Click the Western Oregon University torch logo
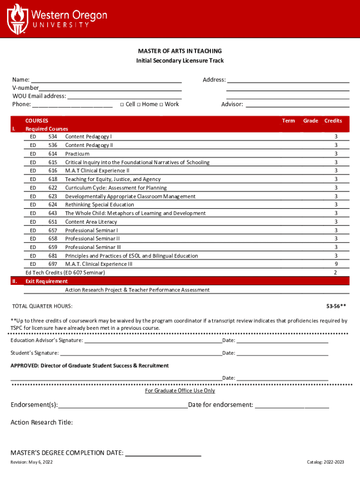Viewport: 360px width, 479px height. [17, 18]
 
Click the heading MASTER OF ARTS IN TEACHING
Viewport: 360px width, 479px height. [180, 51]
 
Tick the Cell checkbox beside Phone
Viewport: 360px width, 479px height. [122, 104]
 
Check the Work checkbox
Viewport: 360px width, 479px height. [161, 104]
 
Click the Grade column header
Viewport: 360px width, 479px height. [310, 121]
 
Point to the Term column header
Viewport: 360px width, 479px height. [288, 121]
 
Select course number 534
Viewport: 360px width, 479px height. [52, 137]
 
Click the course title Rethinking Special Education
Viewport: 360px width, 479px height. [100, 205]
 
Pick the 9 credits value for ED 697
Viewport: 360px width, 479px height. [335, 264]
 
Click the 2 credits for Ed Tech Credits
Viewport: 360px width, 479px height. [335, 273]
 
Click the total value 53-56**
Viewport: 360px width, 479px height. [336, 306]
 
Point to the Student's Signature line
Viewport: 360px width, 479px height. [140, 354]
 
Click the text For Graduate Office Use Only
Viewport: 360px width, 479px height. [180, 391]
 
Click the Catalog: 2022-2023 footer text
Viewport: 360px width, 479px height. [325, 462]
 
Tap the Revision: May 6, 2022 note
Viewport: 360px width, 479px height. [32, 462]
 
